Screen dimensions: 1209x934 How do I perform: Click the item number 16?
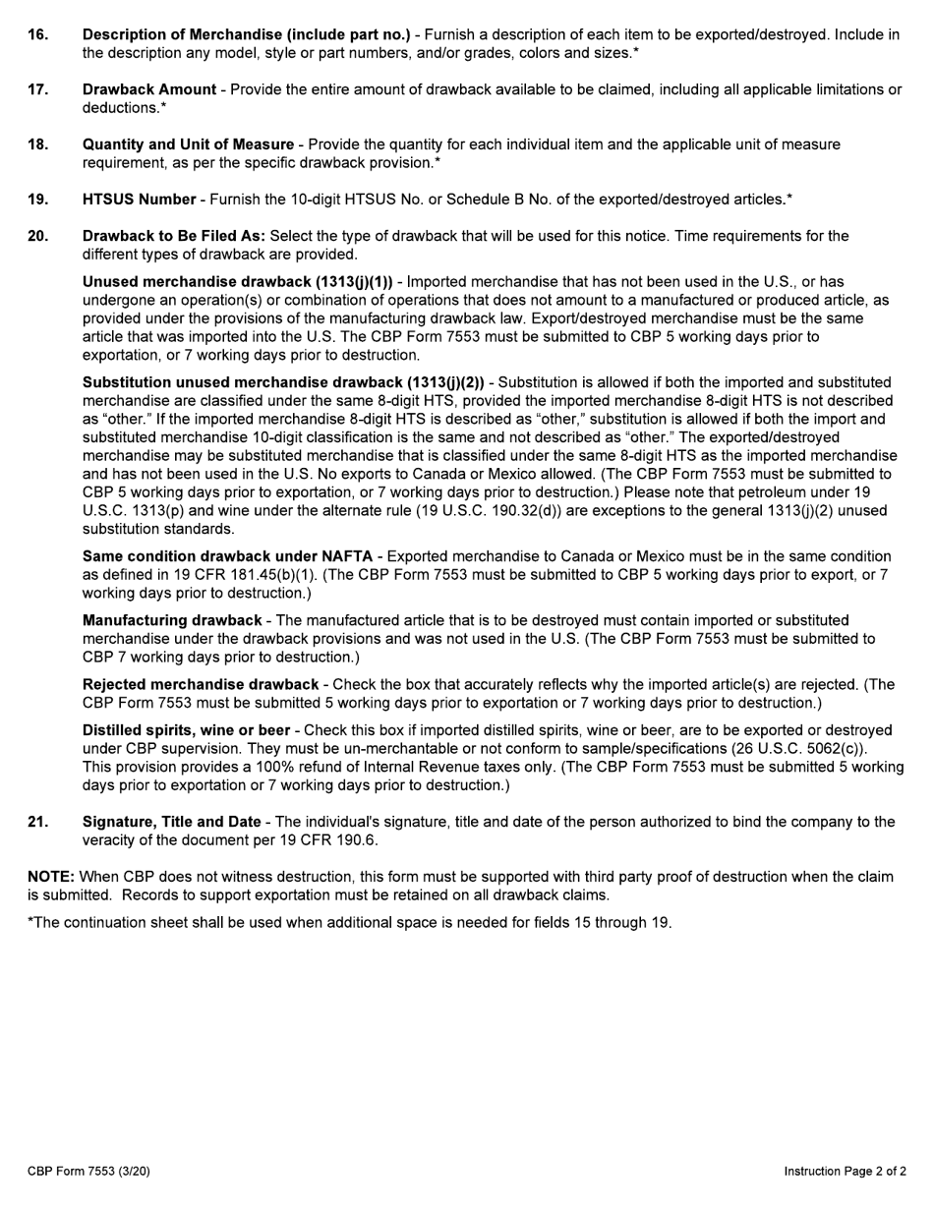tap(37, 34)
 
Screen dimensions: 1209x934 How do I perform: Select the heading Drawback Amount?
tap(149, 89)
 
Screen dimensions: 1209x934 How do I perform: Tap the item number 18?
tap(37, 144)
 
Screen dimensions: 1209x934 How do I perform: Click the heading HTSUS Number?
tap(139, 200)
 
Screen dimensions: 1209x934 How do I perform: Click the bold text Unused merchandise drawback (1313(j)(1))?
tap(237, 282)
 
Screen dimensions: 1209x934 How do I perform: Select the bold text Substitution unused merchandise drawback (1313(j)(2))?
tap(283, 382)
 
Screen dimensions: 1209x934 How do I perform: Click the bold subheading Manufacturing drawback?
tap(172, 620)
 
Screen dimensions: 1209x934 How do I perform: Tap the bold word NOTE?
tap(51, 876)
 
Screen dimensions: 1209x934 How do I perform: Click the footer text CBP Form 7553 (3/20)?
tap(88, 1171)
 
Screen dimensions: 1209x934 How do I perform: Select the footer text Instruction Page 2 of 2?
tap(845, 1171)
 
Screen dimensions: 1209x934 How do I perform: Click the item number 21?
tap(37, 822)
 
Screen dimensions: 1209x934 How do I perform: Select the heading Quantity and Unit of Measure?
tap(188, 144)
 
